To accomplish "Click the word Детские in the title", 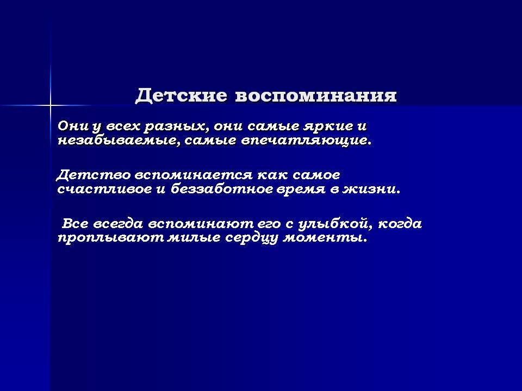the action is (182, 96).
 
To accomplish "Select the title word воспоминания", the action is (316, 96).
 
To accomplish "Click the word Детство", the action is (94, 175).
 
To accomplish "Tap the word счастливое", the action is (104, 190).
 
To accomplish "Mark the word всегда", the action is (118, 224).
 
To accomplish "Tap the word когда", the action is (400, 224).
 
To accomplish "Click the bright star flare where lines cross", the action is (51, 106).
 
